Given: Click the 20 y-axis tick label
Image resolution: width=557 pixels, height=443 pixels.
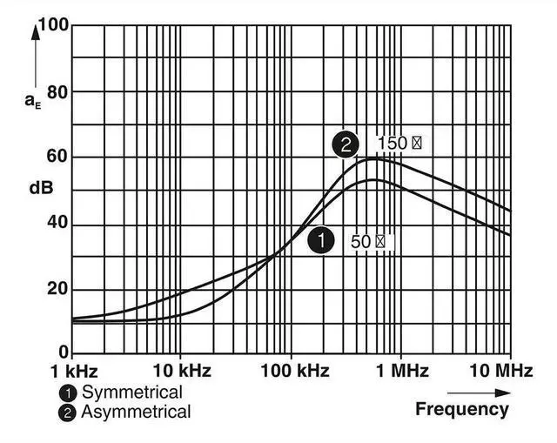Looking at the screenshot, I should (x=57, y=289).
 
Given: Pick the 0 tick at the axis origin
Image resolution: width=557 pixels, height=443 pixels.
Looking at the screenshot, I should (x=63, y=355).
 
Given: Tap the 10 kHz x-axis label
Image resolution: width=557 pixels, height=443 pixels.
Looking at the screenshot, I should (x=180, y=372).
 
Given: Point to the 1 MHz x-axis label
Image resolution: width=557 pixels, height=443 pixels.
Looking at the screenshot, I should (x=401, y=372).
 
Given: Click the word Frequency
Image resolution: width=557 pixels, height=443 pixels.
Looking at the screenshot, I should (x=461, y=408).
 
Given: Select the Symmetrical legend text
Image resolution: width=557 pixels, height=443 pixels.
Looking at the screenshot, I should (x=131, y=393).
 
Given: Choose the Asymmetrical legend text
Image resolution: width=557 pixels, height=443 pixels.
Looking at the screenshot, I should (x=135, y=412).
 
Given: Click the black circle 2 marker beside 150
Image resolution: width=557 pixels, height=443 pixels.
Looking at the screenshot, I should (x=346, y=144).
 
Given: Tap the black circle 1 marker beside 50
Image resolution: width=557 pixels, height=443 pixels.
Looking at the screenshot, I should (x=322, y=241).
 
